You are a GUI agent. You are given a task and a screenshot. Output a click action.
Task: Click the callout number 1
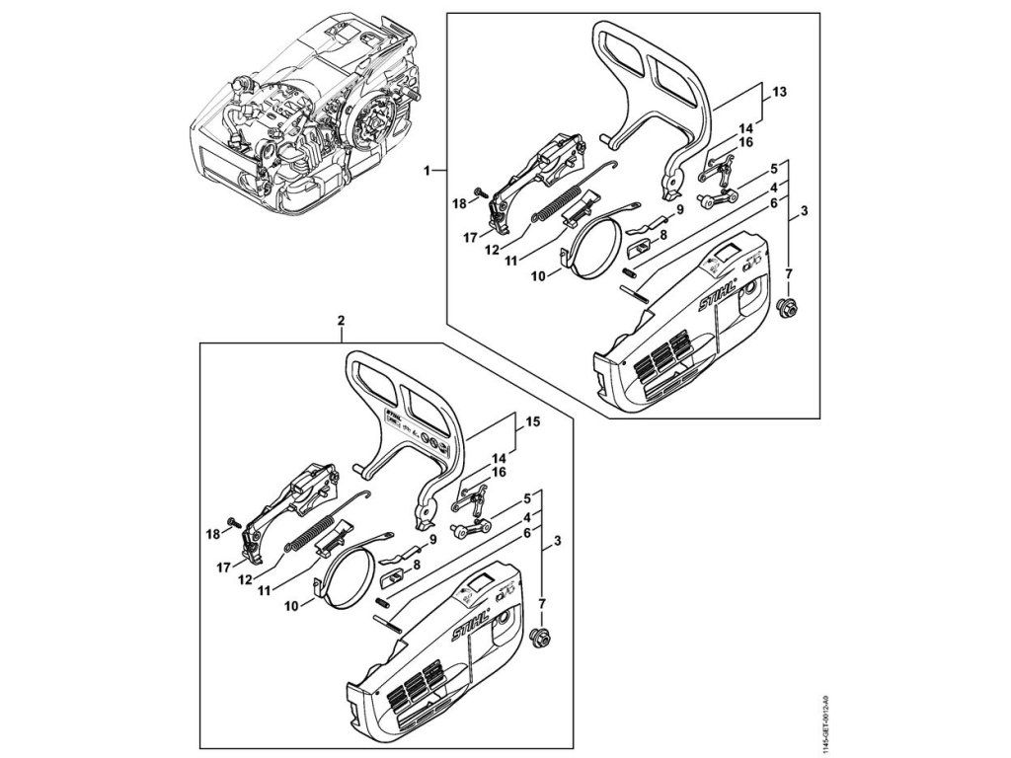click(428, 171)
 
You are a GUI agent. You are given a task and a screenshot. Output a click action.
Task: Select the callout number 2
click(341, 321)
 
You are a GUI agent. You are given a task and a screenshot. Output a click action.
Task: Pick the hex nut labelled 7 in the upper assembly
click(788, 307)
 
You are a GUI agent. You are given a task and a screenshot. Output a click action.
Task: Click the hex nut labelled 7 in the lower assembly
click(540, 637)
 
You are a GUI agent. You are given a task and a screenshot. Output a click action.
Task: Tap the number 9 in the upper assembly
click(680, 210)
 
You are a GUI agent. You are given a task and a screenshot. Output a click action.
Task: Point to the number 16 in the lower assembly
click(500, 473)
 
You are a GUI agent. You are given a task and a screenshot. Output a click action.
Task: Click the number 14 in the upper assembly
click(745, 127)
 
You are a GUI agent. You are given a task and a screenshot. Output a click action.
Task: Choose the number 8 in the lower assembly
click(416, 565)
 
